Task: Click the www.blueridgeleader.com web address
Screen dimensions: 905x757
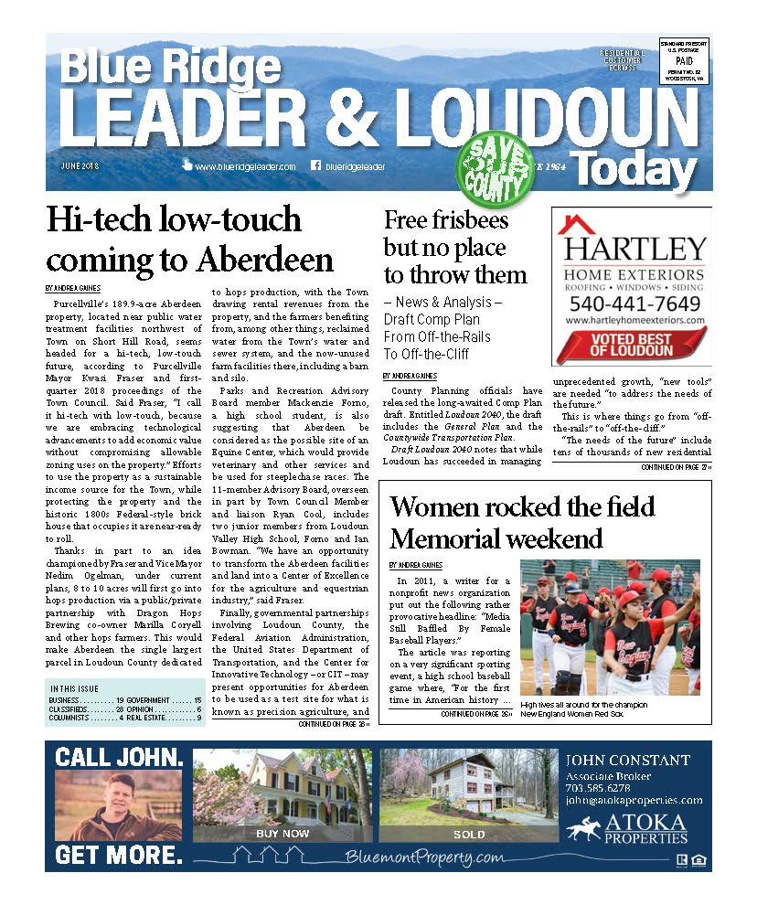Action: click(245, 167)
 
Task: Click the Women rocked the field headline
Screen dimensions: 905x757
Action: click(522, 506)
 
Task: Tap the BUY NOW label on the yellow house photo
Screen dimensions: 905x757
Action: click(283, 834)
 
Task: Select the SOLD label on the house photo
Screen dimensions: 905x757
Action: click(469, 835)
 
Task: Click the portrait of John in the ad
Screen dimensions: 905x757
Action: click(118, 804)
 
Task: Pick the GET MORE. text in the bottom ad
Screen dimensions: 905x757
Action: click(118, 856)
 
